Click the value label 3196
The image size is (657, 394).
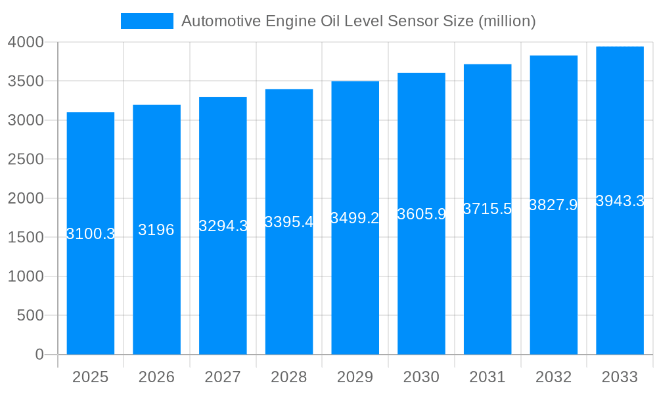click(x=156, y=230)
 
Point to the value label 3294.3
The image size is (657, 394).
click(x=223, y=226)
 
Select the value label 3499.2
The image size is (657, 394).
click(x=355, y=218)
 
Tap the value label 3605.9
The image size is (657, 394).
click(x=422, y=214)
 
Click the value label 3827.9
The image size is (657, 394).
click(x=553, y=205)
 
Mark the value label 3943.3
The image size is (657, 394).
click(x=620, y=201)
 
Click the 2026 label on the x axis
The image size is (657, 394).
click(x=156, y=377)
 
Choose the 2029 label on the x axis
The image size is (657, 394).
click(x=355, y=377)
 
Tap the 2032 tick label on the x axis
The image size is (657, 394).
click(x=553, y=377)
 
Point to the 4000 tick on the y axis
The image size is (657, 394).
click(x=26, y=42)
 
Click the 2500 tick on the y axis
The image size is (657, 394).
click(x=26, y=160)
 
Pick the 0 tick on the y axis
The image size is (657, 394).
click(x=39, y=355)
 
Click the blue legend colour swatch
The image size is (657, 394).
click(x=147, y=21)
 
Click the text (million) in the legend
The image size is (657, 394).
click(x=507, y=21)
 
